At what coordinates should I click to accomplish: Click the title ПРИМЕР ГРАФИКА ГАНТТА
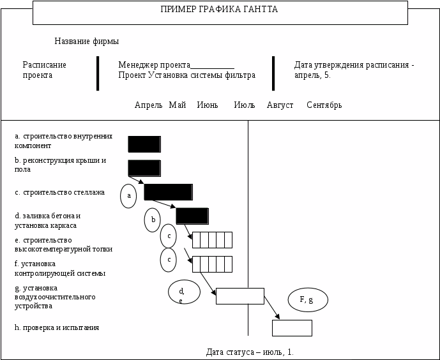tap(219, 10)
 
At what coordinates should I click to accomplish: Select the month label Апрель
tap(148, 105)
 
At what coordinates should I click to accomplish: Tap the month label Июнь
tap(207, 105)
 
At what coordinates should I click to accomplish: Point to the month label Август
tap(280, 105)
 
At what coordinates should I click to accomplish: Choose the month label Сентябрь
tap(324, 105)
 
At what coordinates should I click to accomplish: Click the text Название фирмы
tap(86, 41)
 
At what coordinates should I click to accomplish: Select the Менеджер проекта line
tap(176, 65)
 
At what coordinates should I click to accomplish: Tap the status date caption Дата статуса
tap(250, 352)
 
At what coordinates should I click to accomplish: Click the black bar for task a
tap(144, 144)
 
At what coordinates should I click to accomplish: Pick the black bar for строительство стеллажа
tap(168, 191)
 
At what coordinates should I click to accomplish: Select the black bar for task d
tap(192, 216)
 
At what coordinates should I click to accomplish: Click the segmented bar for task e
tap(212, 239)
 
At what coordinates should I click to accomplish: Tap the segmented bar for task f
tap(212, 264)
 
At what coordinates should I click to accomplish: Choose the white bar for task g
tap(239, 296)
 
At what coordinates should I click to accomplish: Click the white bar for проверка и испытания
tap(292, 327)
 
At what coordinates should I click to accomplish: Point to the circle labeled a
tap(128, 196)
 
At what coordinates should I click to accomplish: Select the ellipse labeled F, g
tap(308, 299)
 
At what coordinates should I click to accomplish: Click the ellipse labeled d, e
tap(184, 292)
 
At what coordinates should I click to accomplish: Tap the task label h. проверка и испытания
tap(57, 327)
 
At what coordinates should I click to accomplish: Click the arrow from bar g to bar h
tap(271, 307)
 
